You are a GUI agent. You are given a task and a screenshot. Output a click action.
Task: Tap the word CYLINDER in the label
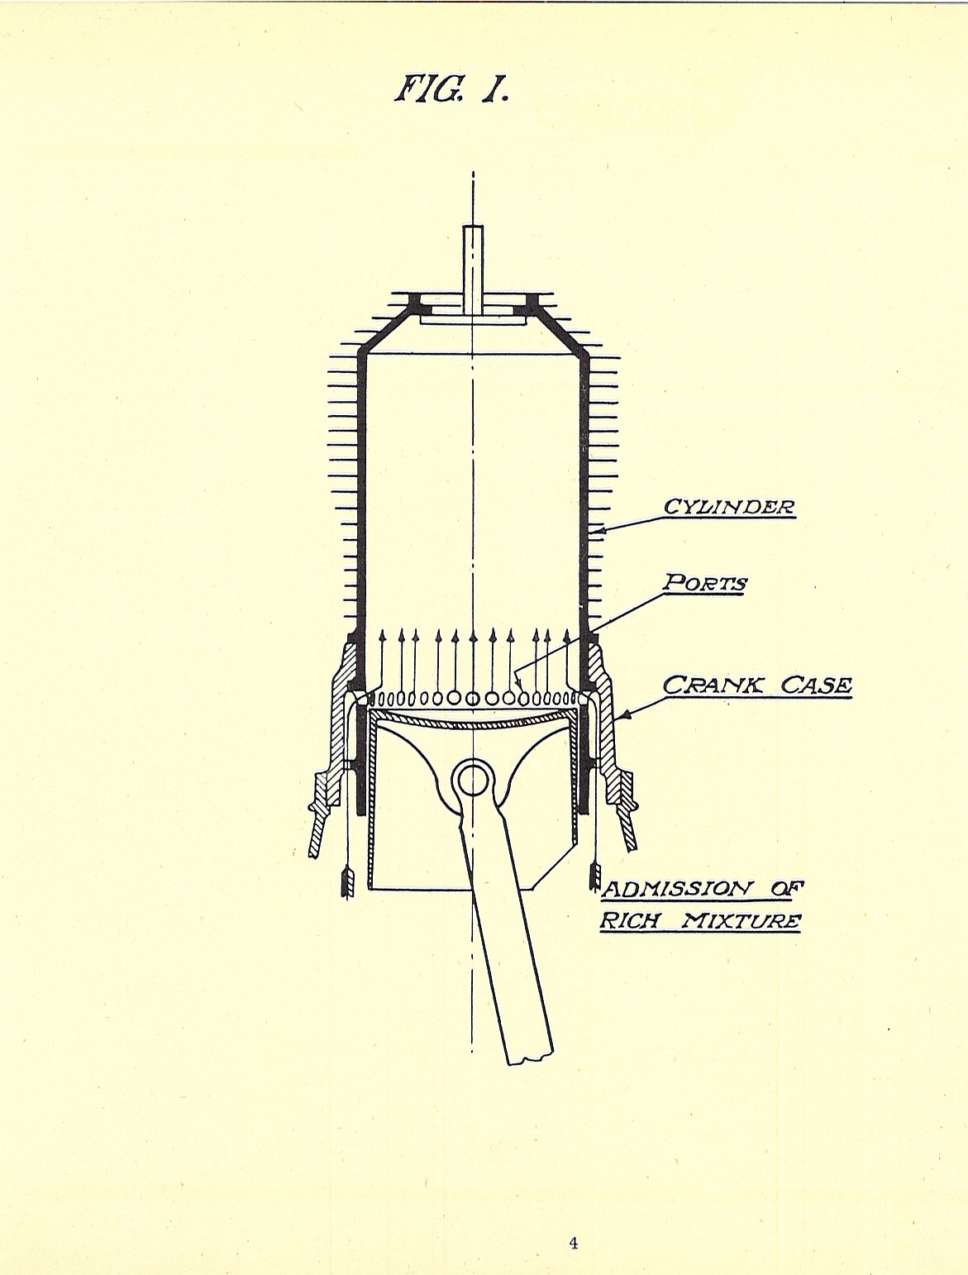click(x=730, y=506)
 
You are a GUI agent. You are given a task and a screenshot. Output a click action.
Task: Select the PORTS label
click(x=705, y=584)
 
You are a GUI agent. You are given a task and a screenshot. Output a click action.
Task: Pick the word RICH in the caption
click(x=629, y=921)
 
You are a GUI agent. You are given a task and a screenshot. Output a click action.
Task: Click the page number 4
click(x=573, y=1220)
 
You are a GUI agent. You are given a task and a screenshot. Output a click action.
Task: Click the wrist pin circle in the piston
click(x=472, y=778)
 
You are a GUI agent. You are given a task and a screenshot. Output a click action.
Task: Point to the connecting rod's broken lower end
click(x=529, y=1052)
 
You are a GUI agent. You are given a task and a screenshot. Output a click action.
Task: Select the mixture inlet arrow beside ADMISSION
click(x=594, y=876)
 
